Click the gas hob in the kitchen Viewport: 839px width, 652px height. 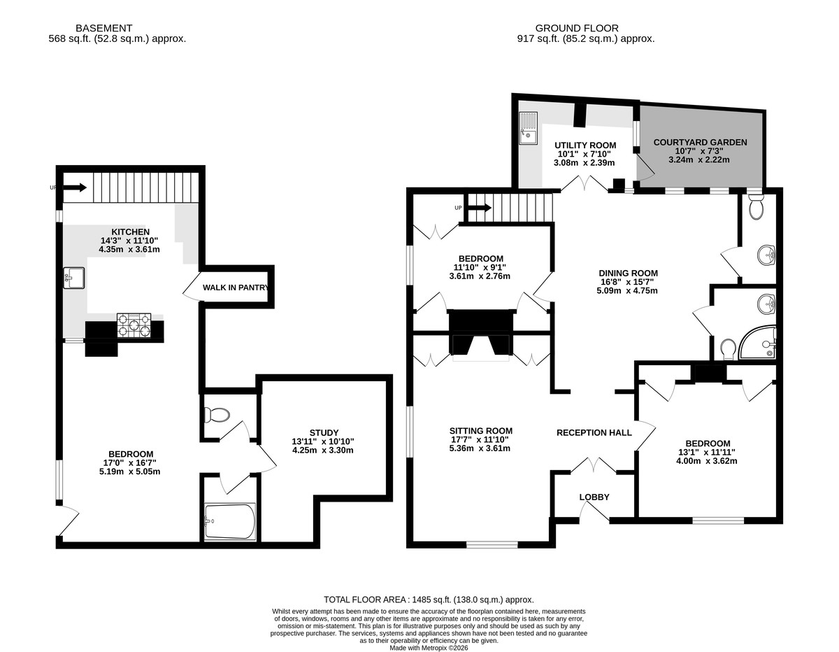pos(134,325)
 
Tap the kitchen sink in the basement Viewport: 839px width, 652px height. pos(74,278)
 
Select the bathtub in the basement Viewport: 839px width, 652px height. pos(230,521)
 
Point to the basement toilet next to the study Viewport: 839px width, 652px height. pos(217,416)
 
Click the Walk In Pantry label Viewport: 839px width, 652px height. pos(236,288)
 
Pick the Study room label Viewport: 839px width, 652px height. pos(324,432)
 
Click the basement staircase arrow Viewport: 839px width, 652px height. pos(75,187)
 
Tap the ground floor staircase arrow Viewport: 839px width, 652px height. pos(480,208)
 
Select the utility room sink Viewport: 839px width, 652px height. pos(528,128)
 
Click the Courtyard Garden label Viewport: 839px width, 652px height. pos(700,142)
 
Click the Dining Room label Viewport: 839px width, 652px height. pos(628,273)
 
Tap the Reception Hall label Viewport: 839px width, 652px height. pos(594,432)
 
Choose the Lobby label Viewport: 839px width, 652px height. pos(594,497)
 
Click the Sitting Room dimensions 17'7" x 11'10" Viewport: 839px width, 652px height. pos(481,439)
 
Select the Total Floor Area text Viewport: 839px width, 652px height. pos(429,600)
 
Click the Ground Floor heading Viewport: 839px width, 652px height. pos(577,28)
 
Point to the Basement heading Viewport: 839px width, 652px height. pos(104,28)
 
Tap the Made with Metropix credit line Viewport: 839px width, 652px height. pos(429,648)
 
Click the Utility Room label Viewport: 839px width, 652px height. pos(585,146)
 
